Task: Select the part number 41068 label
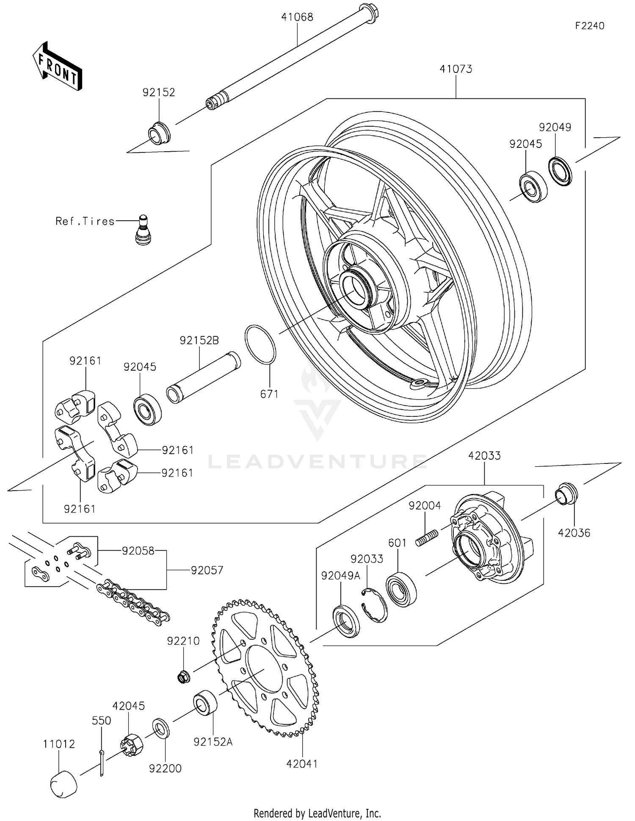pyautogui.click(x=297, y=17)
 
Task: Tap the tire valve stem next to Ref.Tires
pyautogui.click(x=143, y=229)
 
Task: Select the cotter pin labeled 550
pyautogui.click(x=102, y=763)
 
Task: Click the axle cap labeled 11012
pyautogui.click(x=64, y=784)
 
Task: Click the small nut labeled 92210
pyautogui.click(x=183, y=677)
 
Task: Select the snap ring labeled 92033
pyautogui.click(x=375, y=605)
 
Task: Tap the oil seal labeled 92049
pyautogui.click(x=560, y=171)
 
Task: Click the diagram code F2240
pyautogui.click(x=589, y=26)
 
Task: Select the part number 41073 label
pyautogui.click(x=456, y=69)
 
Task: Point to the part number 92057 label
pyautogui.click(x=207, y=570)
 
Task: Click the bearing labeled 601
pyautogui.click(x=401, y=589)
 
